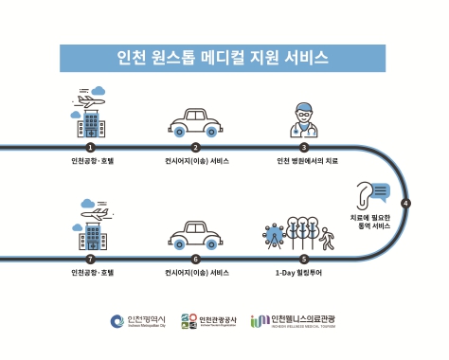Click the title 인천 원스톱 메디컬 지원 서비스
(x=224, y=58)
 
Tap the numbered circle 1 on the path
(x=91, y=147)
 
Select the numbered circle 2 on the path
(x=196, y=147)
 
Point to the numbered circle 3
(x=304, y=147)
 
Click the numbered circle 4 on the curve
(x=405, y=203)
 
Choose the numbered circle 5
(x=304, y=258)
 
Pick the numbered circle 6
(x=196, y=258)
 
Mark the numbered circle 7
(x=91, y=258)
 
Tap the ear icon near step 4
(x=368, y=194)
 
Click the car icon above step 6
(x=196, y=235)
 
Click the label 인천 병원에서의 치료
(x=306, y=162)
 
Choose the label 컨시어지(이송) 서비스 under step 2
(x=197, y=162)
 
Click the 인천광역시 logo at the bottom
(x=137, y=321)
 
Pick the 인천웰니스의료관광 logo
(x=297, y=321)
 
